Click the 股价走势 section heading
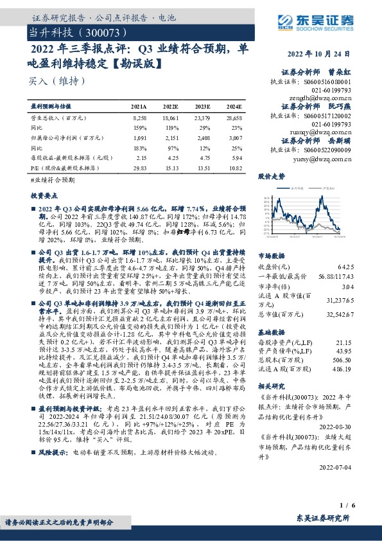[270, 175]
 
